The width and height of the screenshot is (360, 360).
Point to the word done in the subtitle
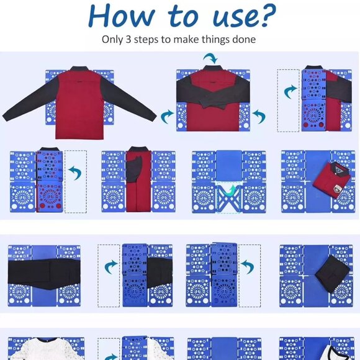pyautogui.click(x=244, y=39)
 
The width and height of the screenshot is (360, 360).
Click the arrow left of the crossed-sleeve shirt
pyautogui.click(x=166, y=115)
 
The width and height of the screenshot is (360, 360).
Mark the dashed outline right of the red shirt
pyautogui.click(x=76, y=180)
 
